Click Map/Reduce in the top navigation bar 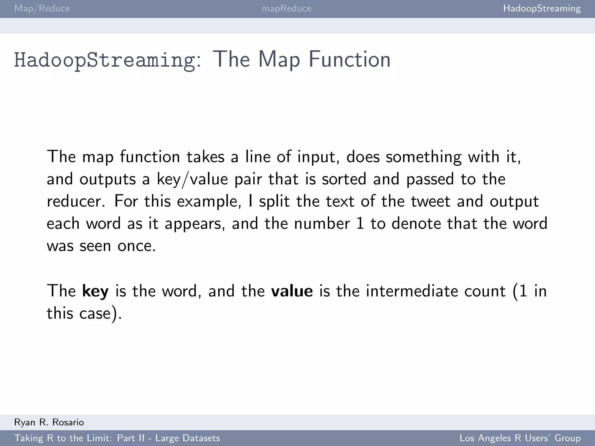pyautogui.click(x=42, y=8)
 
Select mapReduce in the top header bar pyautogui.click(x=286, y=8)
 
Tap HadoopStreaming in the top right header pyautogui.click(x=542, y=8)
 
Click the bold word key pyautogui.click(x=95, y=291)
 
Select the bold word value pyautogui.click(x=292, y=291)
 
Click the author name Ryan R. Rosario pyautogui.click(x=49, y=422)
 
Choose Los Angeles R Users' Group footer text pyautogui.click(x=520, y=438)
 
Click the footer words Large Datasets pyautogui.click(x=188, y=438)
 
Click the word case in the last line pyautogui.click(x=95, y=314)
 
